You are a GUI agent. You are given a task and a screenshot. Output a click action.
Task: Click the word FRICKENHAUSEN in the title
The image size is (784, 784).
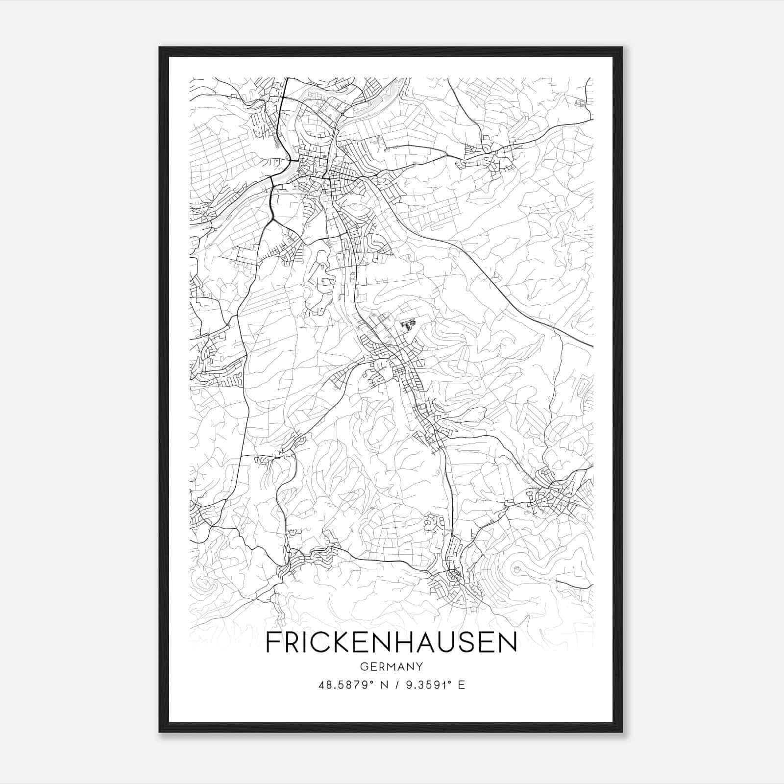click(x=391, y=642)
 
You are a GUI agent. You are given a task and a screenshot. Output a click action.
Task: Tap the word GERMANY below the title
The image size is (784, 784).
click(x=391, y=666)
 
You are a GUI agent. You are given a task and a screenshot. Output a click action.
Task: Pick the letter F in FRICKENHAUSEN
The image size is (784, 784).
click(x=272, y=642)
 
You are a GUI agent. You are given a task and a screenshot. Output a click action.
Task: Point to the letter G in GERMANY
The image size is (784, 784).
click(x=364, y=666)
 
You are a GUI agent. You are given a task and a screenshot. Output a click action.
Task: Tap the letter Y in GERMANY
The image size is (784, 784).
click(x=419, y=666)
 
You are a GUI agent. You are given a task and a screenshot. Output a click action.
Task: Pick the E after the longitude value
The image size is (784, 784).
click(x=461, y=685)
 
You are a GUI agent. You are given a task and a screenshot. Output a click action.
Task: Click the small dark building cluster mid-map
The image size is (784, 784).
click(x=408, y=324)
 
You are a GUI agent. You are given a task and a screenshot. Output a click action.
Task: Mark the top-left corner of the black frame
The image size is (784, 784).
click(x=160, y=48)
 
